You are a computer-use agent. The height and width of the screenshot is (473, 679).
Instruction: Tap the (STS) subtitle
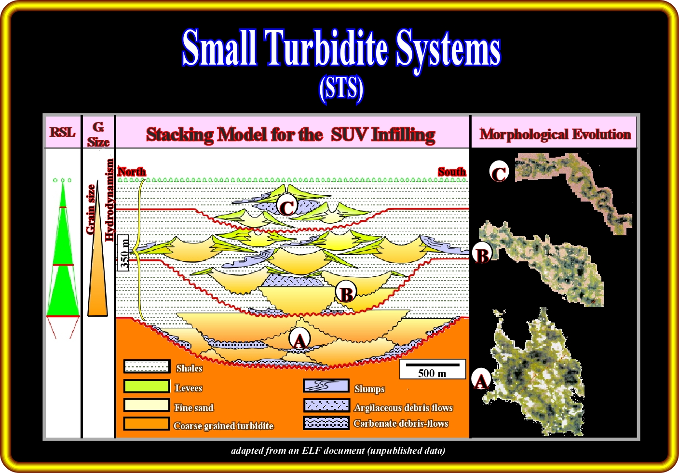(341, 88)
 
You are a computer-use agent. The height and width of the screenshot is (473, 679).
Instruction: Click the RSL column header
(63, 132)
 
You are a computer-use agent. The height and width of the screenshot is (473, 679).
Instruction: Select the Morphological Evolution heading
(555, 134)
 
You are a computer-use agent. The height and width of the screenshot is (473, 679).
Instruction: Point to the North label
(132, 172)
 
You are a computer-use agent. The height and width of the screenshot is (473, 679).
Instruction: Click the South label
(452, 172)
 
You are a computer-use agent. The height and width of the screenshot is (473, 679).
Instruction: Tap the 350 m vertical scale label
(124, 252)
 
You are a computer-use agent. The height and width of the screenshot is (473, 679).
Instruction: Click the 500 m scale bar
(432, 369)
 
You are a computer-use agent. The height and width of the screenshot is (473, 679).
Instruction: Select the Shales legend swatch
(147, 367)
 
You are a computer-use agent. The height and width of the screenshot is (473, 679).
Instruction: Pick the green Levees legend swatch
(147, 387)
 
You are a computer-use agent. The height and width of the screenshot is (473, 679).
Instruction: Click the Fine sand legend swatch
(147, 405)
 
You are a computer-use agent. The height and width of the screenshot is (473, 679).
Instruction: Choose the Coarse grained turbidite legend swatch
(147, 424)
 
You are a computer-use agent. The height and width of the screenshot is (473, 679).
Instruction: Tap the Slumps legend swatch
(326, 386)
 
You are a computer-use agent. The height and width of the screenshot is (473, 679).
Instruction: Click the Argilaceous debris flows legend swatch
(326, 405)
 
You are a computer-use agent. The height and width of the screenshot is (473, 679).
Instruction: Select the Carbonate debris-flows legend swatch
(326, 423)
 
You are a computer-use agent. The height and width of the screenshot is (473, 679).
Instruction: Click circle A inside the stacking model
(299, 340)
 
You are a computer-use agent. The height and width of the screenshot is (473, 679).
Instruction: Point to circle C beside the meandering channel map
(499, 172)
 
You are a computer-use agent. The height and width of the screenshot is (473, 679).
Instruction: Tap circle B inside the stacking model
(346, 293)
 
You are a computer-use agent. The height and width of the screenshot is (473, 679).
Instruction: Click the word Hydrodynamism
(109, 200)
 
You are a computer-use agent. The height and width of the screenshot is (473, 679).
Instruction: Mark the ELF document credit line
(338, 451)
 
